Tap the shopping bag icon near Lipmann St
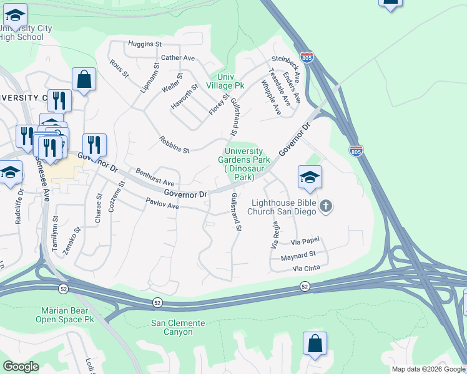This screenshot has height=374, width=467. tap(84, 80)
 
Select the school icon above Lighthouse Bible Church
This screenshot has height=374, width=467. tap(310, 178)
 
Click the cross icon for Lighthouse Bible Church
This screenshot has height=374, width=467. tap(325, 206)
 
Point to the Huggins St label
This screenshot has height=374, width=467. tap(145, 44)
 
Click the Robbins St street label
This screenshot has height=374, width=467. tap(174, 145)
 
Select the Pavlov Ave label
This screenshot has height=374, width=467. tap(162, 203)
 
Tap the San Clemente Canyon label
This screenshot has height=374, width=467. tap(178, 327)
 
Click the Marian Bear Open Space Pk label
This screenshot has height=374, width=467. tap(67, 315)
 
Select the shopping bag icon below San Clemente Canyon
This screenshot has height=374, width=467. tap(315, 344)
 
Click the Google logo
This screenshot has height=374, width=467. tap(21, 367)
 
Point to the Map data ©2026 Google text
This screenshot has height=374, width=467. tap(428, 369)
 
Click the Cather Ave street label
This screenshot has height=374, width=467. tap(179, 58)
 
